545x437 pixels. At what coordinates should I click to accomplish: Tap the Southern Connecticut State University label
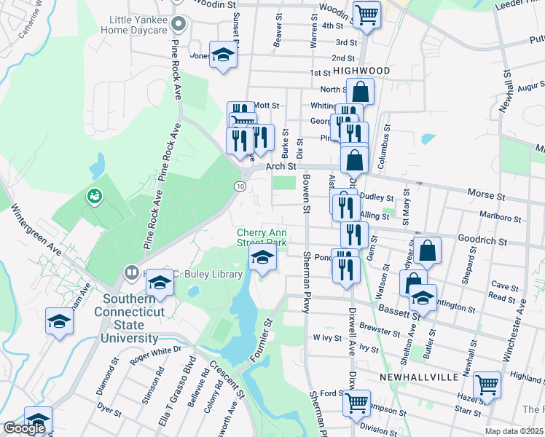130,318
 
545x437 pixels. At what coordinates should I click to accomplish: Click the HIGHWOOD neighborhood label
362,71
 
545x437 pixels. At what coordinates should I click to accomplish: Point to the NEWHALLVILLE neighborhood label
419,377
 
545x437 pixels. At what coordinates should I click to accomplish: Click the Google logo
24,428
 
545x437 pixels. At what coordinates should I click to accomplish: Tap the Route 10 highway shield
240,186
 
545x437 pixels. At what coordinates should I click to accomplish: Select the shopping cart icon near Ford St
357,402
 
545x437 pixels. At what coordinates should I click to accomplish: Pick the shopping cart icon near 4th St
366,14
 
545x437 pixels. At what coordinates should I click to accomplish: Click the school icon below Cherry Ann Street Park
262,257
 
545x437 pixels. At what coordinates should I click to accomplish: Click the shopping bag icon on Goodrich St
429,251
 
